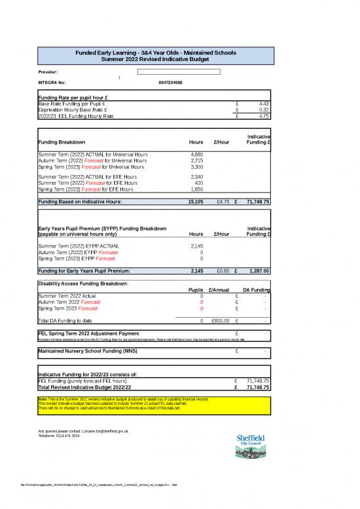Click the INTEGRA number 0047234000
[170, 83]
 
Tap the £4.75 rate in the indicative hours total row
[222, 202]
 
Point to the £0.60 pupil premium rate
[222, 271]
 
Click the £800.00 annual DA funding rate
[219, 321]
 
